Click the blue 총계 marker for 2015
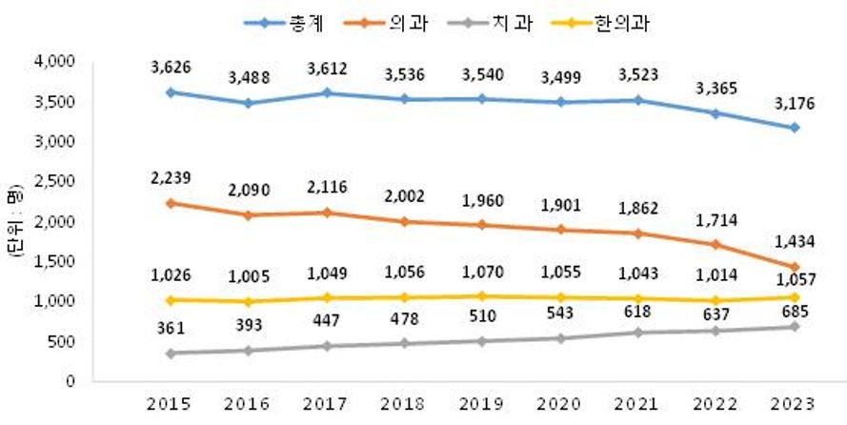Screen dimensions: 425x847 [x=170, y=91]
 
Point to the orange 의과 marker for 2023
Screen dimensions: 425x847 [x=794, y=267]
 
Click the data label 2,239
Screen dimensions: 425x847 [x=170, y=179]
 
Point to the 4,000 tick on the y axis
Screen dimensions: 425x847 [x=55, y=62]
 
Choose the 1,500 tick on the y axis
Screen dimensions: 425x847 [x=55, y=261]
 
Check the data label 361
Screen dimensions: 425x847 [x=170, y=330]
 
